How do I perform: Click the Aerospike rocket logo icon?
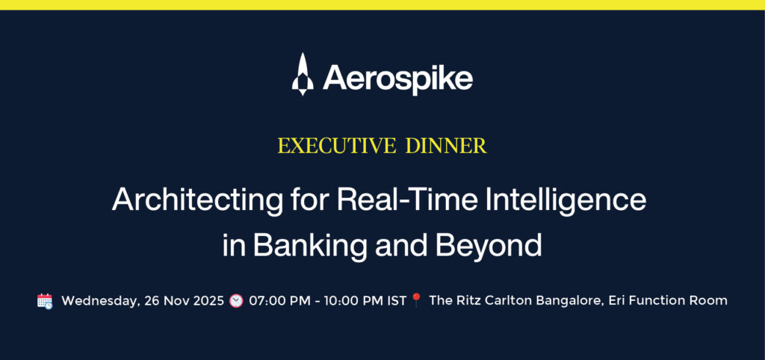302,74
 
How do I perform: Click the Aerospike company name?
397,78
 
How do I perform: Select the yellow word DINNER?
446,146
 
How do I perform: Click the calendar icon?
45,301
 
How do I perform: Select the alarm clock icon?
236,300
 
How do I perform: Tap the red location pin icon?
416,300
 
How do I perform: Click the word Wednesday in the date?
98,301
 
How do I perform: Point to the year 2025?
206,300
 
